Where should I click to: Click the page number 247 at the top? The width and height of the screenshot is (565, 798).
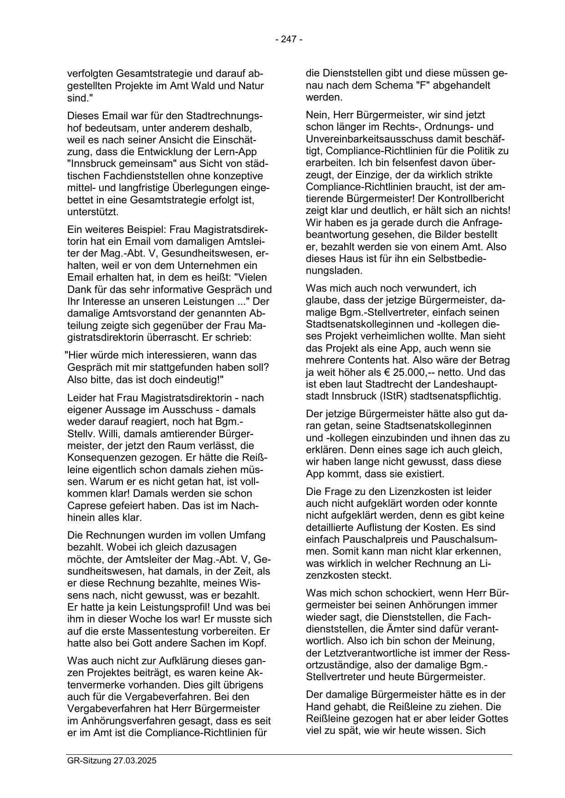pyautogui.click(x=289, y=40)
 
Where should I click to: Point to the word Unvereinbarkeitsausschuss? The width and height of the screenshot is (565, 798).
pyautogui.click(x=366, y=139)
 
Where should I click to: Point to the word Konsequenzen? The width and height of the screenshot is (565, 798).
pyautogui.click(x=99, y=458)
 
